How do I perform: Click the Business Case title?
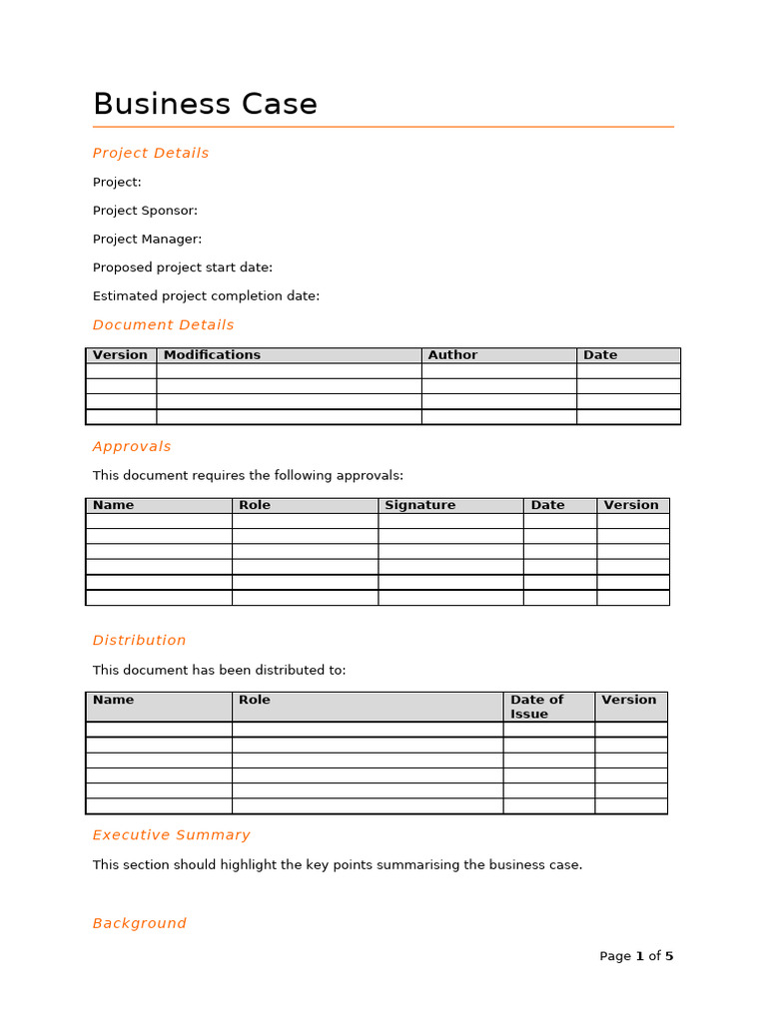pos(205,105)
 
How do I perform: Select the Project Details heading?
pos(151,153)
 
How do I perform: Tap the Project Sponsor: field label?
pos(145,211)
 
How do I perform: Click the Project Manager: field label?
pos(147,240)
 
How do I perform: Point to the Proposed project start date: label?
pos(182,267)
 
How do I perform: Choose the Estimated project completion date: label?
pos(206,296)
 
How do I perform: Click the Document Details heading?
pos(163,325)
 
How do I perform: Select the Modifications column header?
pos(212,355)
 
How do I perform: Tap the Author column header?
pos(452,355)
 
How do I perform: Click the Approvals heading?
pos(132,447)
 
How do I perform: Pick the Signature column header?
pos(419,505)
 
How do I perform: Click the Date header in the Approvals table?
pos(547,505)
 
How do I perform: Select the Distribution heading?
pos(139,641)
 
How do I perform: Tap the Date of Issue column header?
pos(536,707)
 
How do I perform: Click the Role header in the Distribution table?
pos(255,700)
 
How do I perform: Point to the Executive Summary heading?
pos(171,835)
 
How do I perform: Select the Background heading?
pos(139,924)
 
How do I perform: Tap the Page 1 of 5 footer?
pos(636,956)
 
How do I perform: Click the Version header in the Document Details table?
pos(120,355)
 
